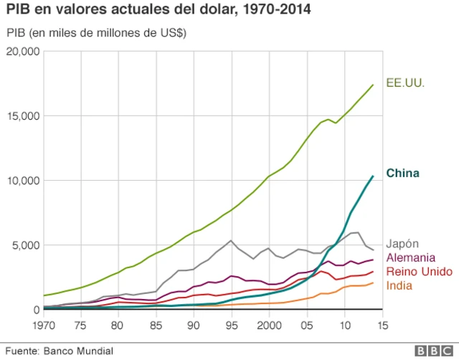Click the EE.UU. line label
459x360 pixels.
[405, 82]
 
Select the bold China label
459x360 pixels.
[402, 173]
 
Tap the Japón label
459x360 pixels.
[403, 244]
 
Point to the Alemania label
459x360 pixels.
[411, 257]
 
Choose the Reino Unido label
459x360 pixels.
[417, 271]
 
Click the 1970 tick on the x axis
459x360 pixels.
[44, 325]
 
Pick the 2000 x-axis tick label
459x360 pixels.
[268, 325]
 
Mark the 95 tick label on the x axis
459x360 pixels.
[231, 325]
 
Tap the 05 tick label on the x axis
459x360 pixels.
[306, 325]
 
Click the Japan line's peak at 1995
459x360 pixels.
[231, 240]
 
